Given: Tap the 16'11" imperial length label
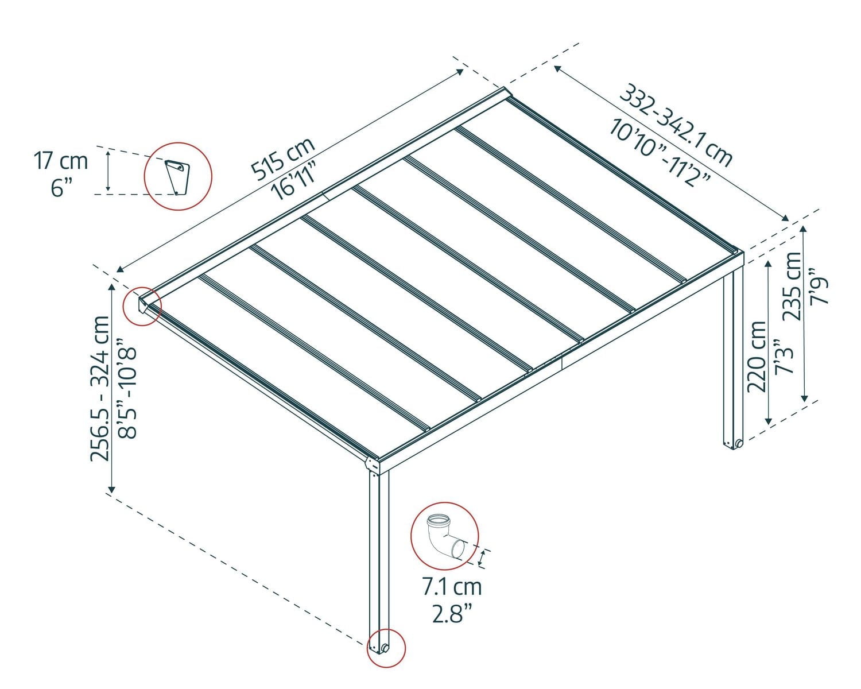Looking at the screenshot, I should (297, 180).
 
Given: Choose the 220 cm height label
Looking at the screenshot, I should (757, 356).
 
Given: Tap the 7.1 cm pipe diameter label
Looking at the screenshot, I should (452, 587).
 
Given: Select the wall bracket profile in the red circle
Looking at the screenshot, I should (177, 176).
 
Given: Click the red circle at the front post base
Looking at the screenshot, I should (386, 648).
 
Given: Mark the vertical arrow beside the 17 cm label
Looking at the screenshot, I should (107, 170).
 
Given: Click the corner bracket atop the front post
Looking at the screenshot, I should (373, 464).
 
